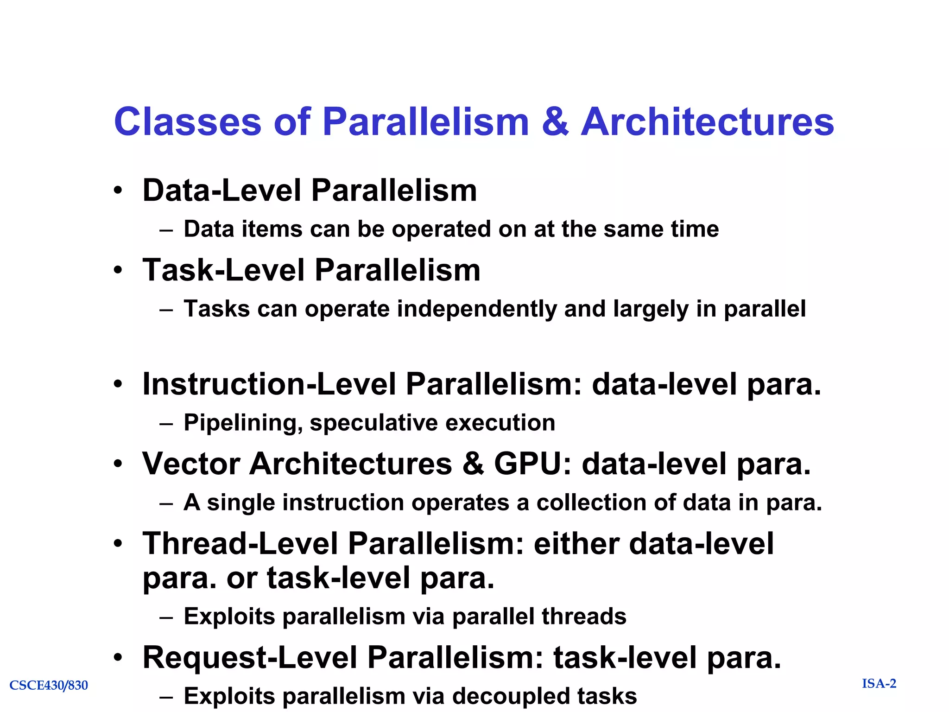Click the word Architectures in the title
tap(707, 122)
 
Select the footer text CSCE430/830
tap(49, 685)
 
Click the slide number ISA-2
tap(879, 684)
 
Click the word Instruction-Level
tap(269, 384)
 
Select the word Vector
tap(191, 464)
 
